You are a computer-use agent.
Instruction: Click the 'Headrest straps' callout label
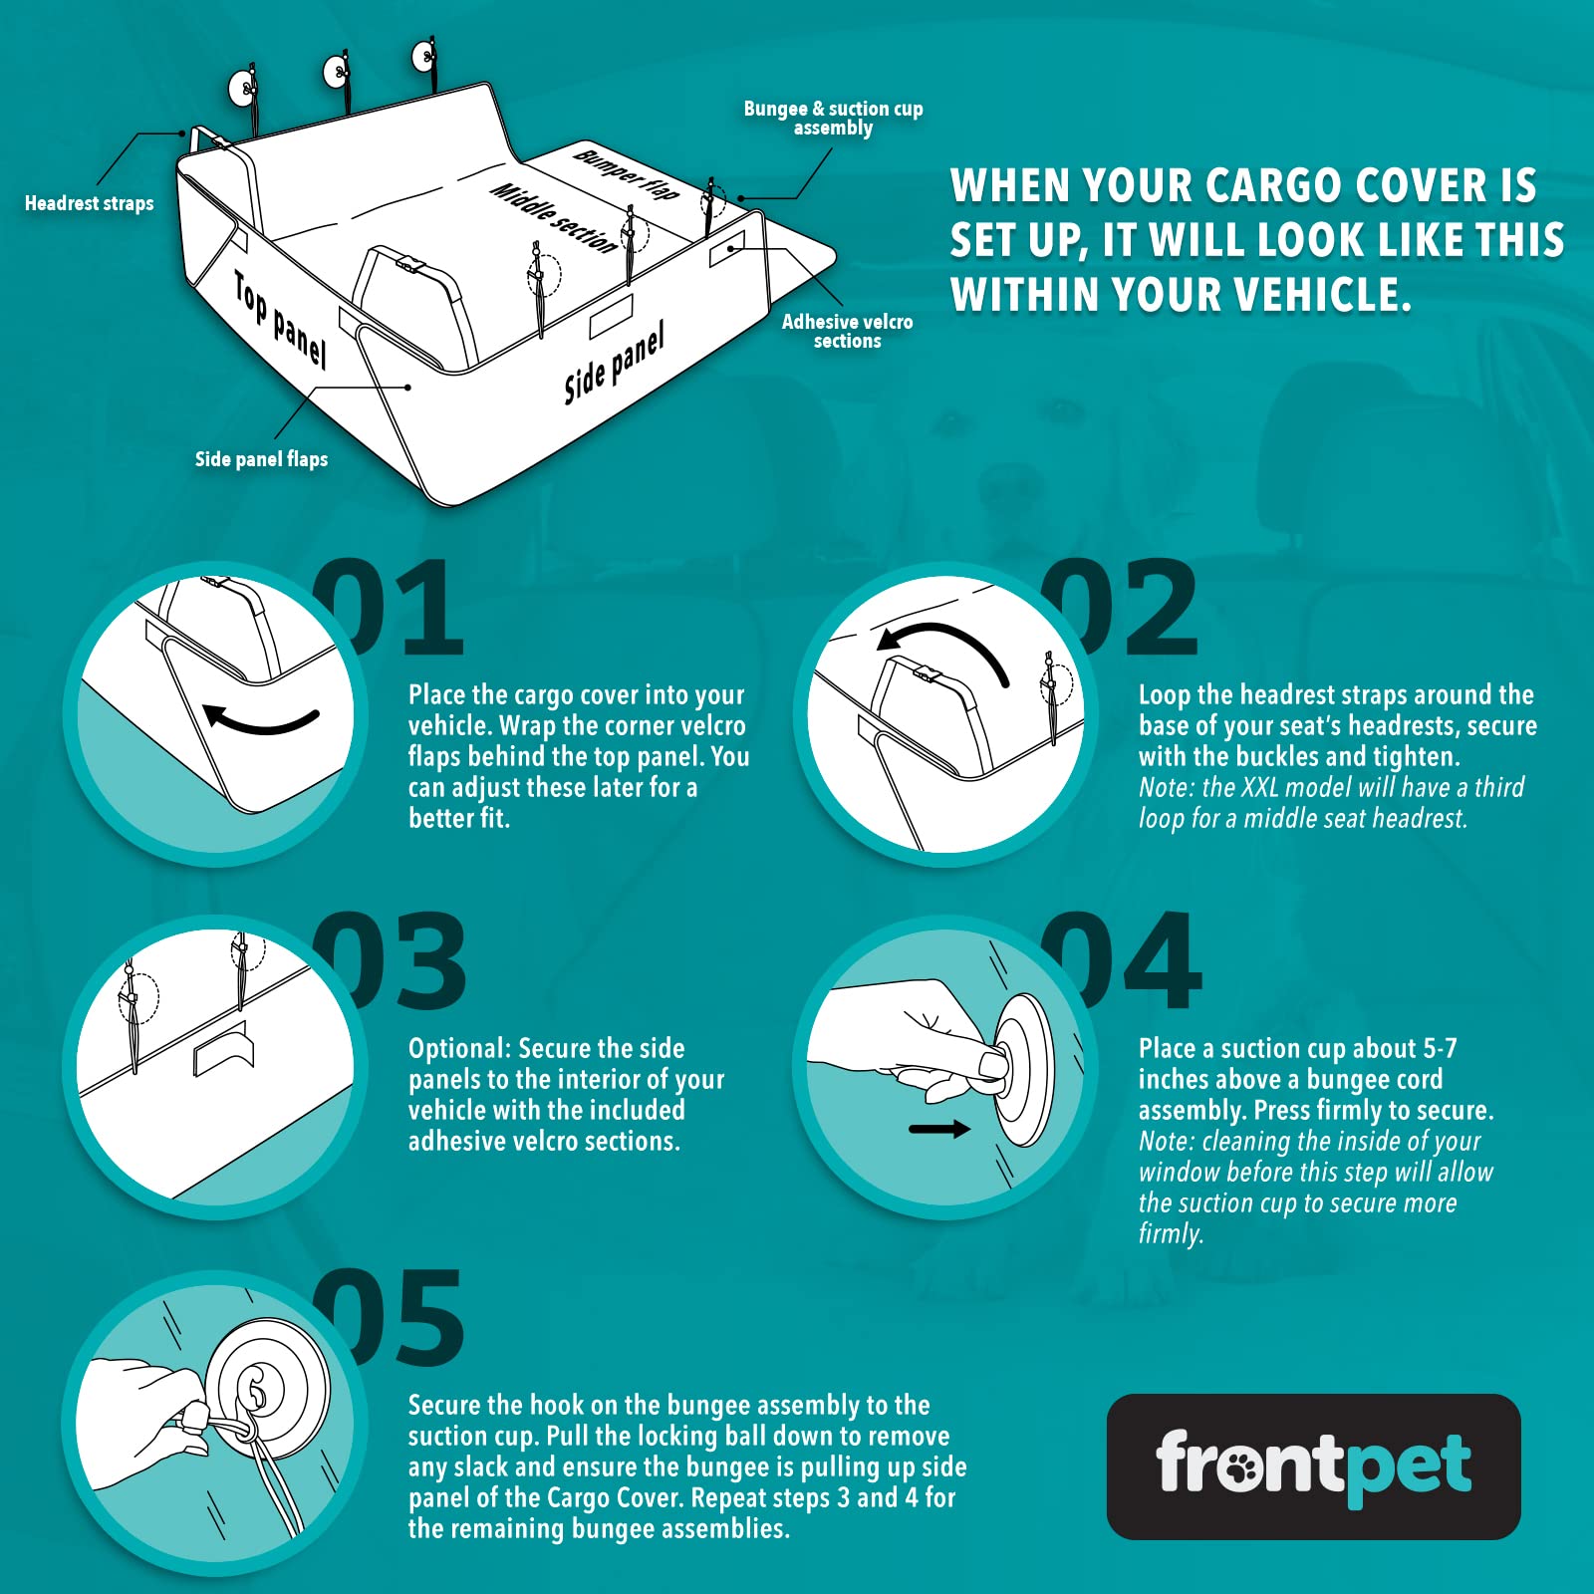[89, 203]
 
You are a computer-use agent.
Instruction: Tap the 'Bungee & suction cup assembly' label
[833, 118]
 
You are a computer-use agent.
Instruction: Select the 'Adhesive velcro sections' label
[847, 331]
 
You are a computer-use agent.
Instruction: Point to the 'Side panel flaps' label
[261, 459]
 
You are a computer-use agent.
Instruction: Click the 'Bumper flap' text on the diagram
[626, 173]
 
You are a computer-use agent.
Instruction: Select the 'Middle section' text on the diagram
[553, 217]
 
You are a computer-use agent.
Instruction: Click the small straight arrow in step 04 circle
[939, 1129]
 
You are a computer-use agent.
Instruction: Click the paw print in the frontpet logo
[1240, 1465]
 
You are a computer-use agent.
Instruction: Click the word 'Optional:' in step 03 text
[459, 1048]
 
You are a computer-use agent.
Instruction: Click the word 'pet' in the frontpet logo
[1408, 1467]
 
